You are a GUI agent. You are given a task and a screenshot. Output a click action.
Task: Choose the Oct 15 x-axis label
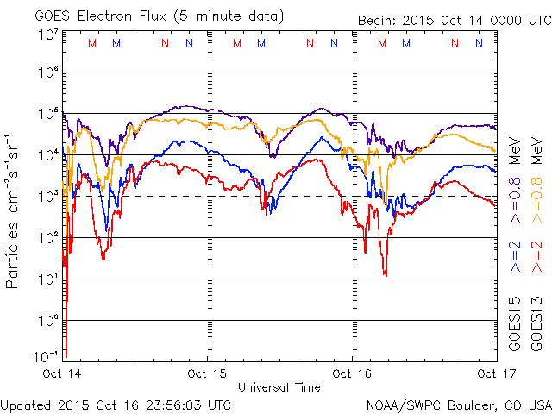click(208, 373)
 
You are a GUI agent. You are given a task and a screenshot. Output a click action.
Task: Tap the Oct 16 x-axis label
click(353, 373)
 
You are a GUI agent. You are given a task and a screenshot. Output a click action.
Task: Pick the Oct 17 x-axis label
click(496, 373)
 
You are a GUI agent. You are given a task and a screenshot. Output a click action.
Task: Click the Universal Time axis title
click(279, 387)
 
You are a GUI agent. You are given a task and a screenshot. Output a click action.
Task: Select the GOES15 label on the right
click(515, 325)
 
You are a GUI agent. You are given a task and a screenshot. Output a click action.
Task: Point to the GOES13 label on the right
click(536, 325)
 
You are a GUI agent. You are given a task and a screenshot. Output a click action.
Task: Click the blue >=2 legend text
click(515, 257)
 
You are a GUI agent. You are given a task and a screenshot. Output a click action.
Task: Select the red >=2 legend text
click(536, 257)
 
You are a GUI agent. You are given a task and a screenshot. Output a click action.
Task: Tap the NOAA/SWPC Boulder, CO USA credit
click(458, 404)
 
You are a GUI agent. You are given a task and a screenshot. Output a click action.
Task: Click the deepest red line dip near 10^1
click(385, 274)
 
